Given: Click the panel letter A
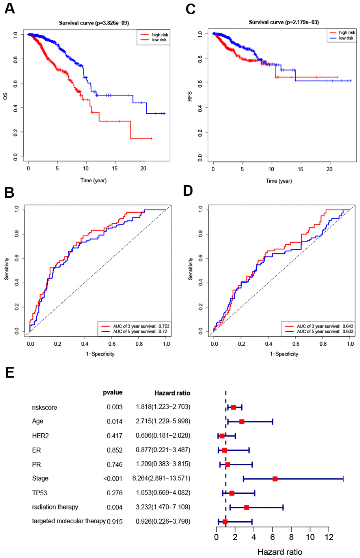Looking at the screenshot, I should (x=9, y=8).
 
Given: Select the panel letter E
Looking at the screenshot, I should (x=9, y=372).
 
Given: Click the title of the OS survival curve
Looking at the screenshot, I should (x=94, y=23).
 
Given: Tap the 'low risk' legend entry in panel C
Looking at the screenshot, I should (x=346, y=38).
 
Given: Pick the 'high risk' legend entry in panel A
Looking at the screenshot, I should (x=160, y=35).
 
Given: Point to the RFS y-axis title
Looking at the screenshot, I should (x=190, y=96).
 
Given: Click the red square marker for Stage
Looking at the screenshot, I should (x=275, y=479).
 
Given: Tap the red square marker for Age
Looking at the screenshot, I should (x=242, y=421).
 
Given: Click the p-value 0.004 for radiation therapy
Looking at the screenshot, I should (x=114, y=507).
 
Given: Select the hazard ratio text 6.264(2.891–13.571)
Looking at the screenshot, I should (x=161, y=478).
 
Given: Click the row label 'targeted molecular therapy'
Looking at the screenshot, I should (x=69, y=521).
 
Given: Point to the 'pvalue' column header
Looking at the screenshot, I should (x=112, y=392).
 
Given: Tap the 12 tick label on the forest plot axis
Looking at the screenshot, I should (x=329, y=537).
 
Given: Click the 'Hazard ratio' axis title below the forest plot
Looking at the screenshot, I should (x=280, y=552).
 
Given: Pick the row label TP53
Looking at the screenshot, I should (x=39, y=493).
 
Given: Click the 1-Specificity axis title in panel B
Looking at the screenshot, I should (x=100, y=354).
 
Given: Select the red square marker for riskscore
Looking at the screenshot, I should (x=233, y=407).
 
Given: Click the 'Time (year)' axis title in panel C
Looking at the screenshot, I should (x=279, y=181).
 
